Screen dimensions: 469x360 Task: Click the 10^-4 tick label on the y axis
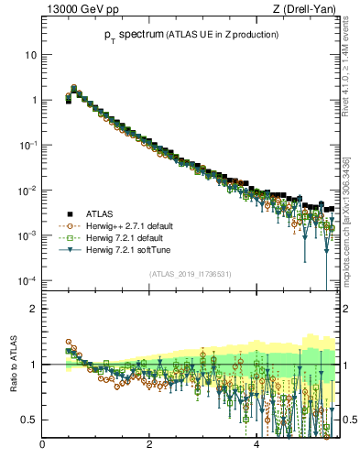pyautogui.click(x=27, y=280)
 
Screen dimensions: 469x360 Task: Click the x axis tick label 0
pyautogui.click(x=42, y=446)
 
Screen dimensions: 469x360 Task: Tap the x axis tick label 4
pyautogui.click(x=256, y=446)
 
